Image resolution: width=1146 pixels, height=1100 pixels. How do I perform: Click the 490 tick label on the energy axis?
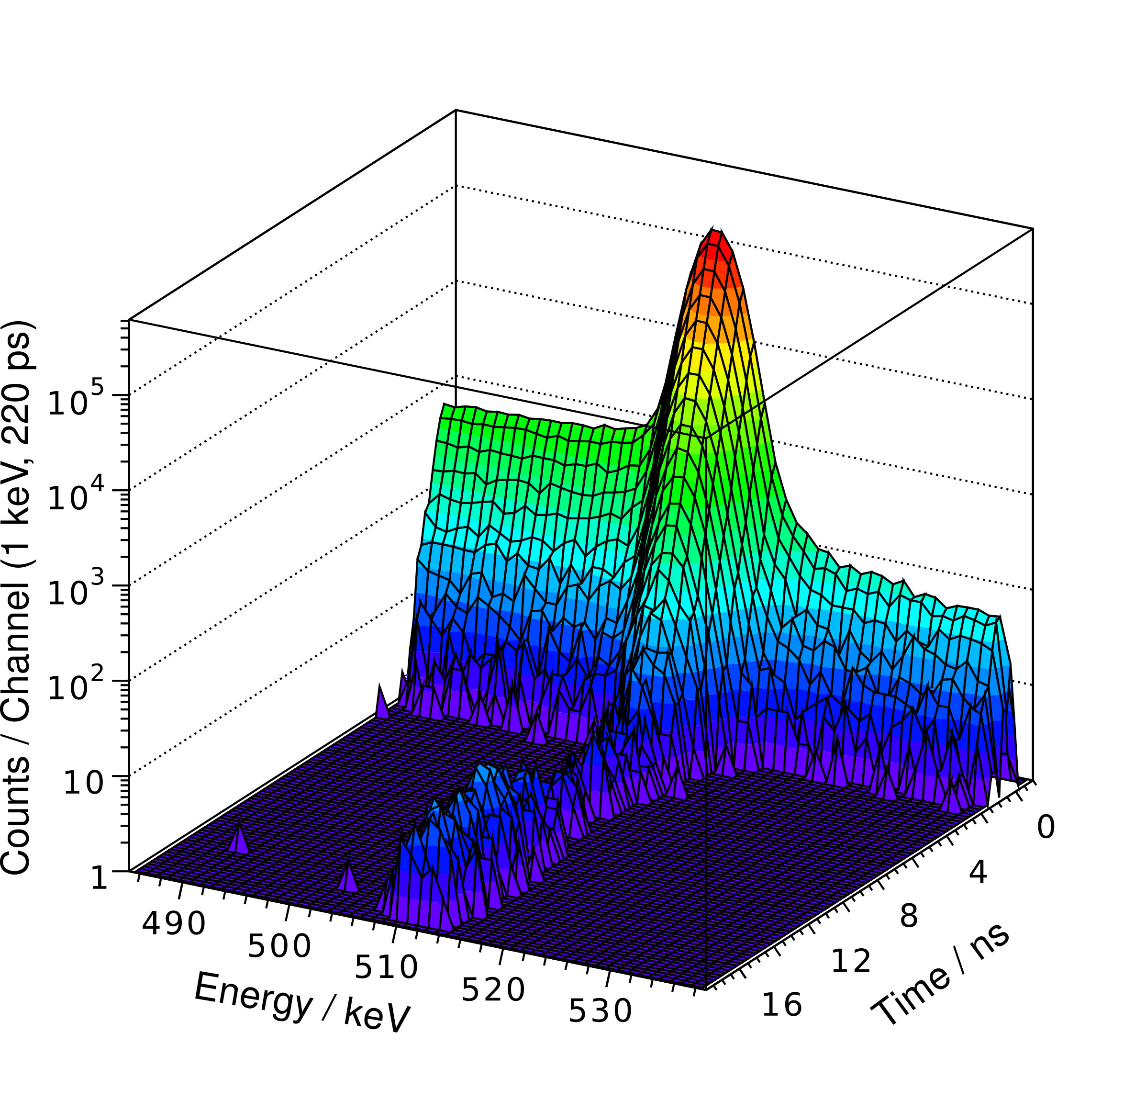click(x=173, y=924)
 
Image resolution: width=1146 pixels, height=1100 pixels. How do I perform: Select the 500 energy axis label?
click(x=279, y=946)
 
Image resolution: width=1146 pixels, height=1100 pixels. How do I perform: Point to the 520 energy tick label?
click(x=493, y=990)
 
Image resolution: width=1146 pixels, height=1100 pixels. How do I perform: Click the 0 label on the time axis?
click(x=1046, y=828)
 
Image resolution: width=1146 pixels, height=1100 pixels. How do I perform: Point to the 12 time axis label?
click(x=851, y=961)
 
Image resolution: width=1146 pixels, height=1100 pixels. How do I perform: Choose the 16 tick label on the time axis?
click(x=782, y=1005)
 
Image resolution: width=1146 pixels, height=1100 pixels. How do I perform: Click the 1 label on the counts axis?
click(x=100, y=878)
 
